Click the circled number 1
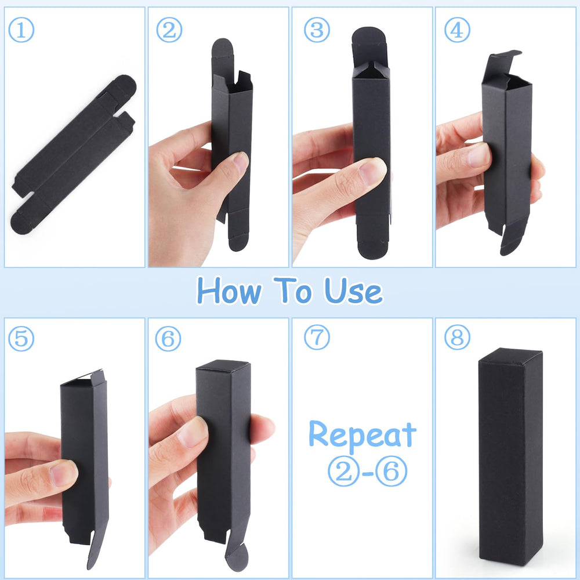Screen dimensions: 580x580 [21, 30]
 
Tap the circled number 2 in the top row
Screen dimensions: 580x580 [169, 30]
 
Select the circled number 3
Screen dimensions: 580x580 [317, 30]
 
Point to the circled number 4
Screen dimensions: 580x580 [457, 30]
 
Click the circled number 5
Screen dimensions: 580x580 [21, 339]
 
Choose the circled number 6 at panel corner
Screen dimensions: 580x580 [168, 339]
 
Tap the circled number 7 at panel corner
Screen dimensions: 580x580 [317, 338]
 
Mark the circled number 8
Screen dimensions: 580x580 [457, 338]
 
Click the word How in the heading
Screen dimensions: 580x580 [229, 291]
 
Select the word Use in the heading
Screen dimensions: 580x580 [353, 291]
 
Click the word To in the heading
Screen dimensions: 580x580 [292, 290]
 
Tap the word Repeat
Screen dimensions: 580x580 [362, 435]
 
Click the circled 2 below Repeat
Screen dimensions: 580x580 [343, 471]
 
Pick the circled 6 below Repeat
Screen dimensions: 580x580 [391, 471]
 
